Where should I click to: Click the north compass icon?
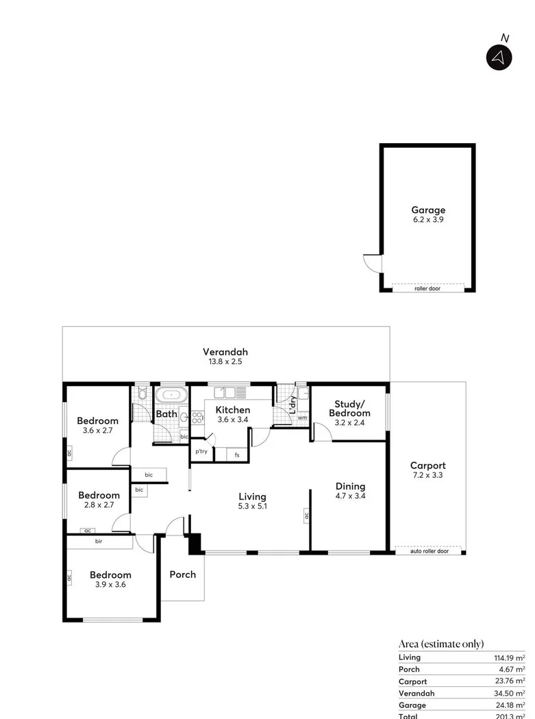click(x=499, y=57)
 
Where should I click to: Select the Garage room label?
click(x=428, y=210)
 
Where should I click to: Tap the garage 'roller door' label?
click(x=427, y=288)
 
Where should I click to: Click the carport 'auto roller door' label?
click(x=430, y=551)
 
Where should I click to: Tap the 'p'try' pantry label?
click(x=201, y=452)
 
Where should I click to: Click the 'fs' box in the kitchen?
click(x=237, y=455)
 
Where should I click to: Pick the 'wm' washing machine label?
click(x=301, y=417)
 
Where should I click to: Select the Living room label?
click(x=252, y=496)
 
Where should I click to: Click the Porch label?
click(x=183, y=575)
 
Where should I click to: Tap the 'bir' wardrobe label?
click(x=99, y=541)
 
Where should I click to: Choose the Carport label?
click(x=427, y=466)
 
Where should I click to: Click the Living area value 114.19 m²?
click(x=510, y=657)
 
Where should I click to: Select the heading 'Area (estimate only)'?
click(x=441, y=644)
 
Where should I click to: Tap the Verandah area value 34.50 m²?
click(x=510, y=694)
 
